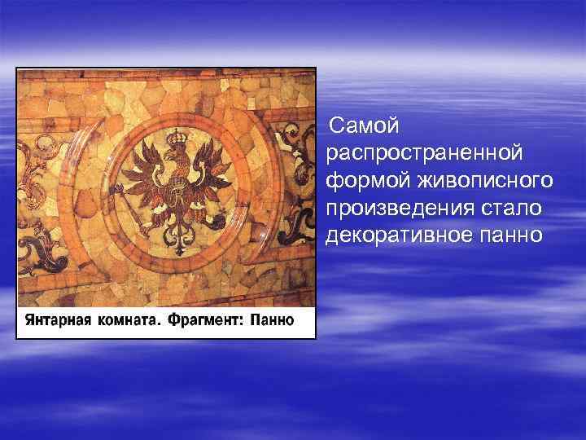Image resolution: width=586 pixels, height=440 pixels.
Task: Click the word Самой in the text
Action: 365,126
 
